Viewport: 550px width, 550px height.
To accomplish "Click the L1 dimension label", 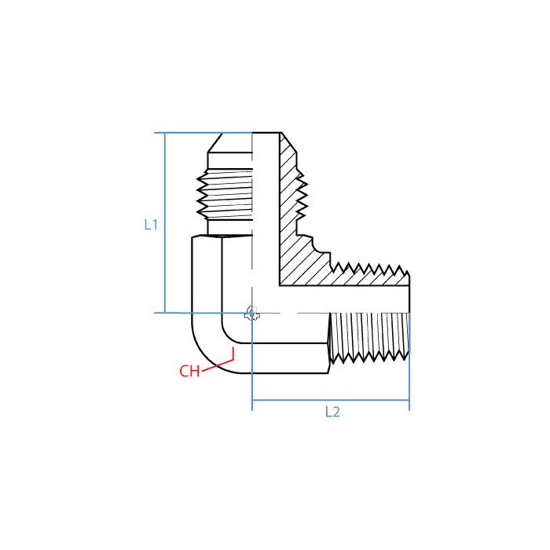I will coord(152,224).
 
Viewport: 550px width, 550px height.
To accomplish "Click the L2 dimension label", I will coord(332,412).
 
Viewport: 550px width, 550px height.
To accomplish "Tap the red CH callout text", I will coord(189,372).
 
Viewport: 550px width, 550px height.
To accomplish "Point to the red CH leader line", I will coord(219,359).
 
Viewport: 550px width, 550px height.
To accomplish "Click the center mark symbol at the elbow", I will coord(251,313).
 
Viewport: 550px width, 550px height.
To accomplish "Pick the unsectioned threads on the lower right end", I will coord(369,338).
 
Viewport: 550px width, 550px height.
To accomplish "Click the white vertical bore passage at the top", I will coord(266,196).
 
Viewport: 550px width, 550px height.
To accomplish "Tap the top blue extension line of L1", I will coord(204,133).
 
